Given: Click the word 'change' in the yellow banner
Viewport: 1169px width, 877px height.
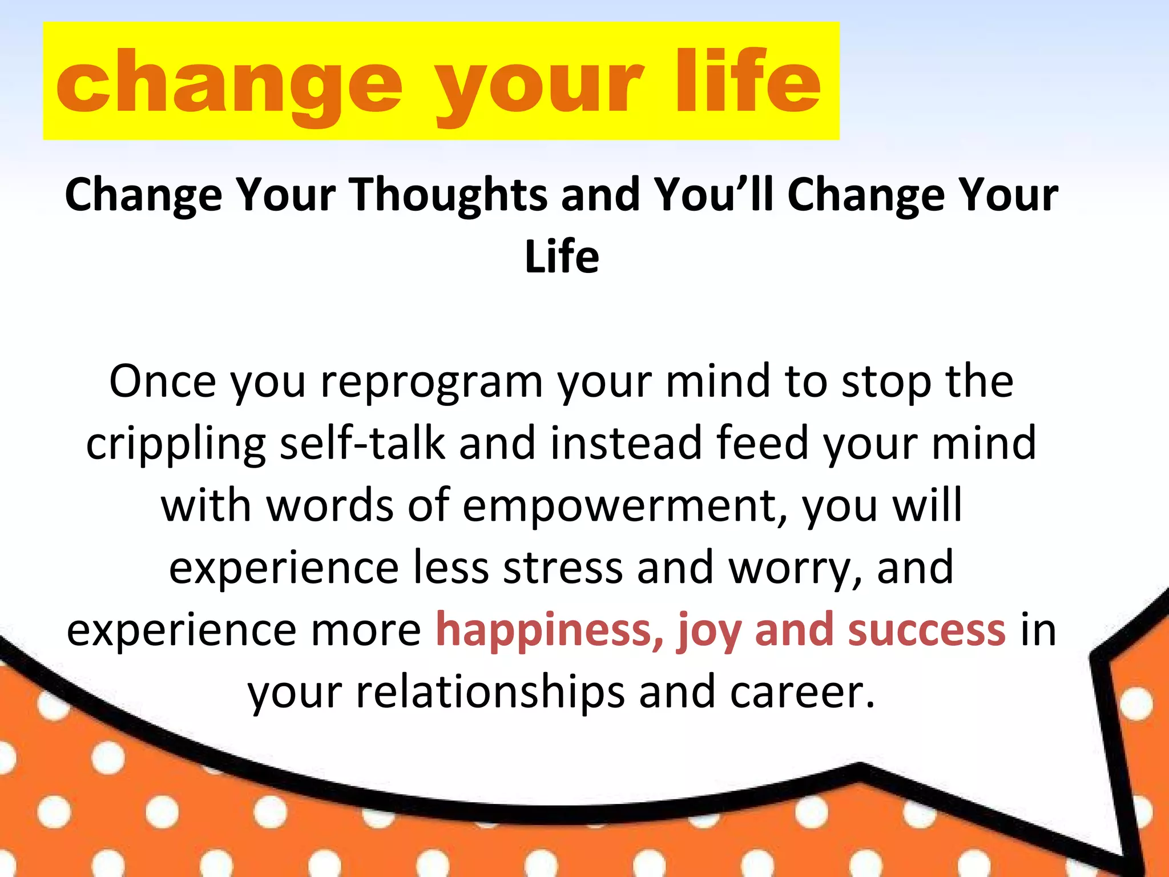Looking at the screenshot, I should tap(228, 83).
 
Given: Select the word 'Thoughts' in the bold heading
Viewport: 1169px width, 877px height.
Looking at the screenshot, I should tap(448, 195).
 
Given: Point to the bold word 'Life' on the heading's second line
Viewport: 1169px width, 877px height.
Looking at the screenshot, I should tap(562, 257).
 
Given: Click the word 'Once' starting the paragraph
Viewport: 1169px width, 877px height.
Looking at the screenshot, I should tap(163, 381).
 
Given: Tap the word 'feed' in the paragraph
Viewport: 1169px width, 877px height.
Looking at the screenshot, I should tap(762, 443).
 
